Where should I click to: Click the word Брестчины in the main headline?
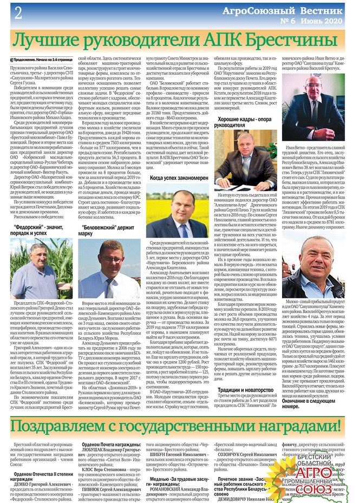pos(283,40)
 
